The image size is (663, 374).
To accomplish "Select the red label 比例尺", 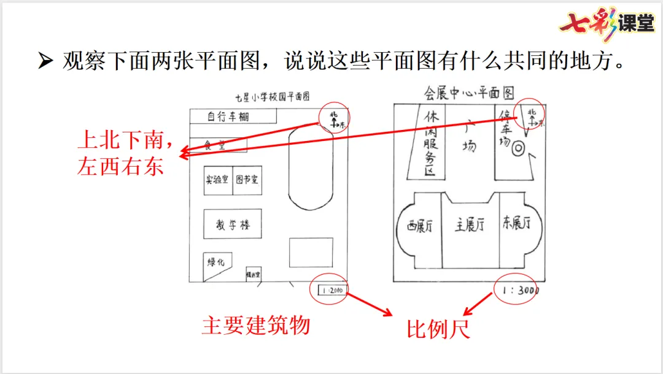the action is pyautogui.click(x=438, y=329).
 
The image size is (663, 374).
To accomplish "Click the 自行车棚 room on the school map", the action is pyautogui.click(x=233, y=116).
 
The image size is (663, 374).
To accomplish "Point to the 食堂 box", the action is pyautogui.click(x=219, y=145).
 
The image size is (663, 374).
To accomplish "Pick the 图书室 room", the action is pyautogui.click(x=247, y=180).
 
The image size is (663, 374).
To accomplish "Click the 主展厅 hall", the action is pyautogui.click(x=470, y=226).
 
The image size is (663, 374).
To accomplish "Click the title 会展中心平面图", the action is pyautogui.click(x=469, y=93).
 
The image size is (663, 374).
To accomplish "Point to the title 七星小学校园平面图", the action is pyautogui.click(x=272, y=97).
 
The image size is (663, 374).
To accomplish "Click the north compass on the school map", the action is pyautogui.click(x=335, y=118).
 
